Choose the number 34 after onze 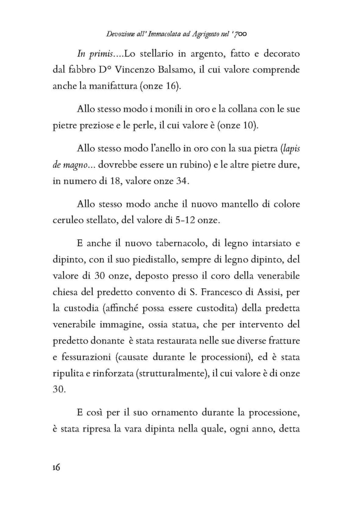click(183, 181)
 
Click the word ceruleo click(68, 220)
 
